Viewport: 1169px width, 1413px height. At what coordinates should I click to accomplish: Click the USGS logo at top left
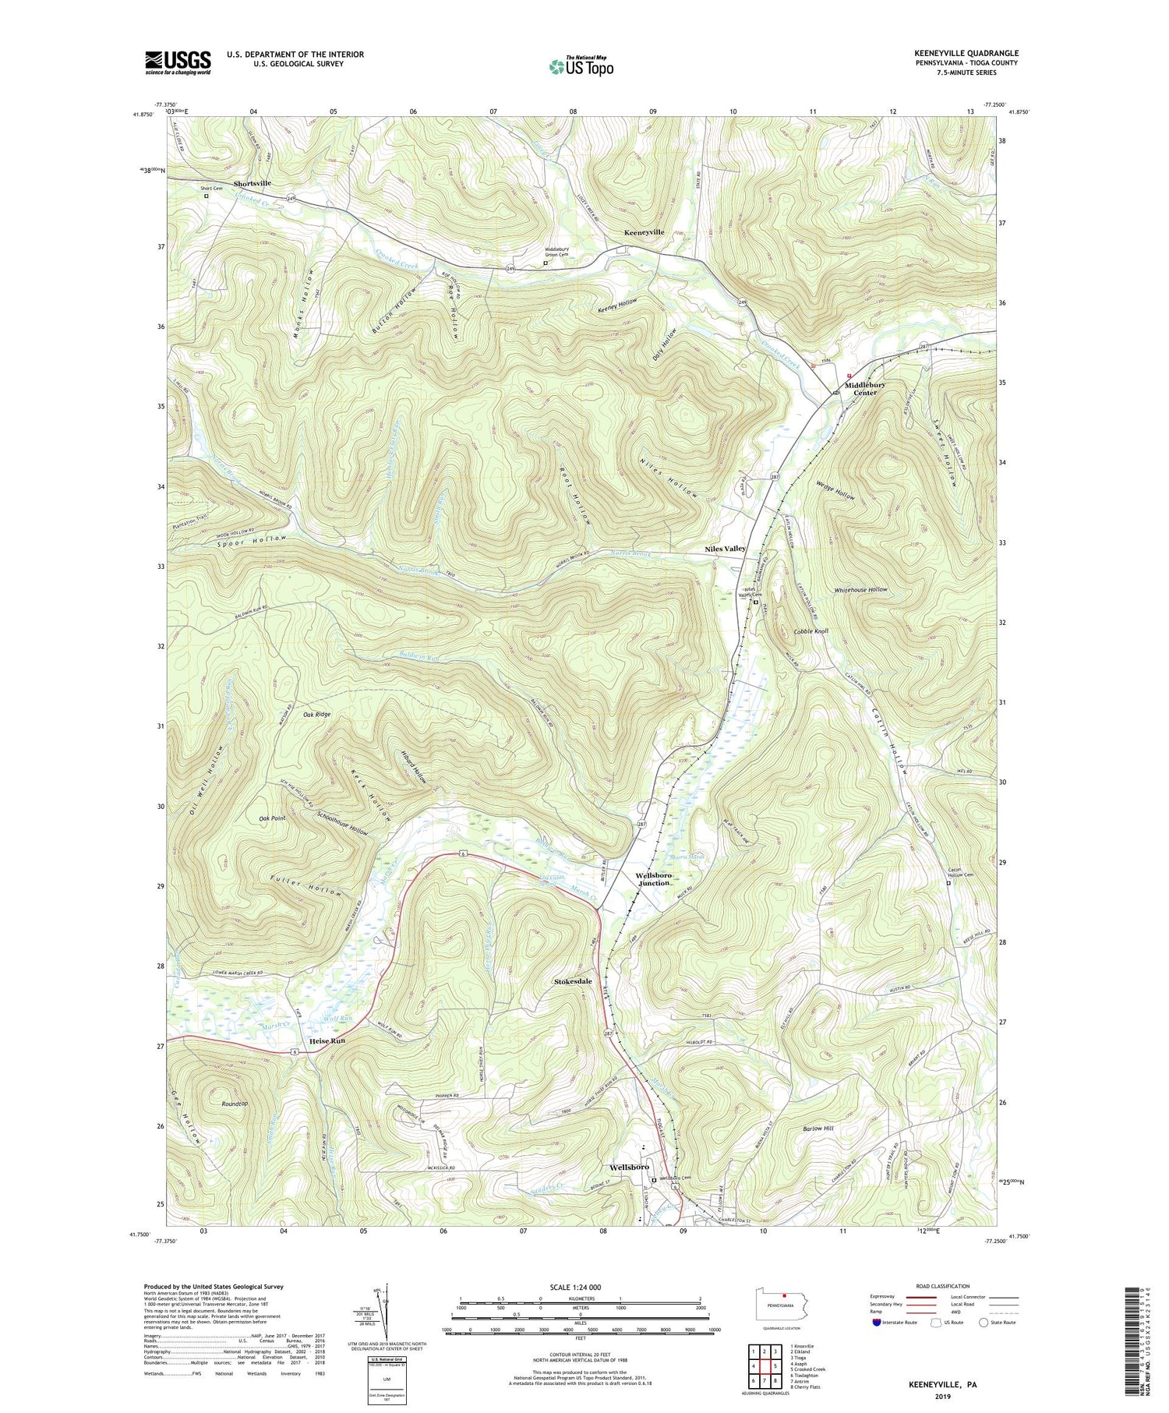click(178, 62)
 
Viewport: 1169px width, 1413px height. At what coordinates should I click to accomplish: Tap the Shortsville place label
click(248, 183)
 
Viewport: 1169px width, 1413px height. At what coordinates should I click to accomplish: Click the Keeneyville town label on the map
click(644, 232)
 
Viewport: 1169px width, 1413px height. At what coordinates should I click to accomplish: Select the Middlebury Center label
click(865, 389)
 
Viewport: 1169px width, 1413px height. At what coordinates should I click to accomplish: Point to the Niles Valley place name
click(725, 549)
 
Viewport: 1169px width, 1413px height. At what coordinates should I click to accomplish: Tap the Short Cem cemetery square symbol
click(207, 196)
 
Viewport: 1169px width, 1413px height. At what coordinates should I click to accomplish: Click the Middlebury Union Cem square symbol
click(545, 263)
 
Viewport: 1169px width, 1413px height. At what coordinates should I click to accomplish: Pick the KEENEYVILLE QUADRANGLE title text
click(966, 53)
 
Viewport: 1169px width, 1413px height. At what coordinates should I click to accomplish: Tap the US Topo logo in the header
click(581, 66)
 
